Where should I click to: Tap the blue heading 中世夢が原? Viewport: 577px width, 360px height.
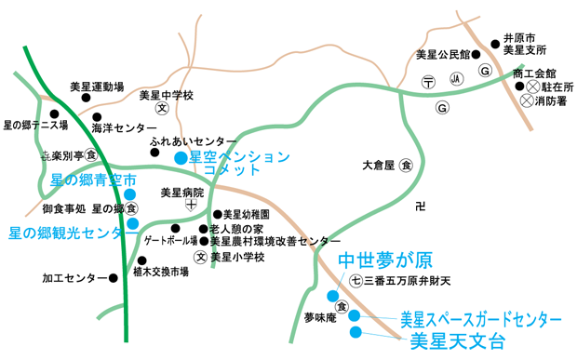click(x=384, y=259)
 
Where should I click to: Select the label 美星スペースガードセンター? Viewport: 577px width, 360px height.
click(x=480, y=318)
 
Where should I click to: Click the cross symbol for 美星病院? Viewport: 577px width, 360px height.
click(x=191, y=207)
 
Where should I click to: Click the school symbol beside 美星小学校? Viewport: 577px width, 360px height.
click(x=199, y=256)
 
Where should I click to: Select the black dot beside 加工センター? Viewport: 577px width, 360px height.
click(x=114, y=277)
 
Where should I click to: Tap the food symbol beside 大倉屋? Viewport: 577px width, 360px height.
click(x=406, y=167)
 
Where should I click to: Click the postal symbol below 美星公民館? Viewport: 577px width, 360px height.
click(x=427, y=83)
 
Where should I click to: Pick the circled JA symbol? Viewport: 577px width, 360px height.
click(x=456, y=82)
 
